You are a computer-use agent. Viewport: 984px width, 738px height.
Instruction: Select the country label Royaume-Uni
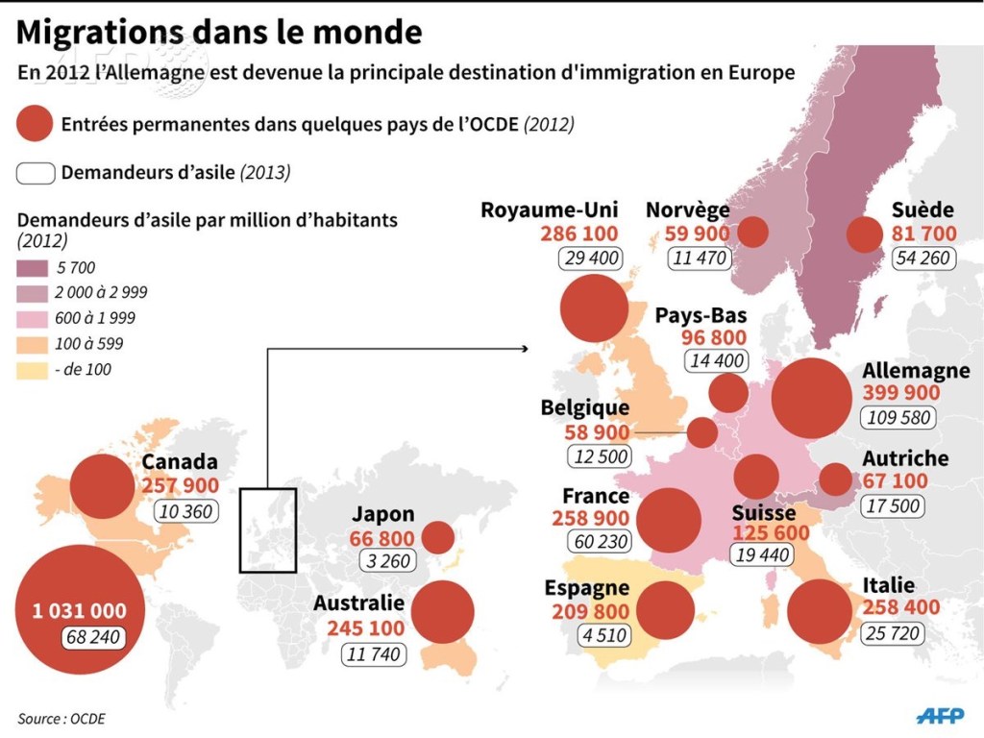tap(550, 210)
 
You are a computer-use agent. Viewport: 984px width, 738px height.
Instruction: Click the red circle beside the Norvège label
tap(751, 232)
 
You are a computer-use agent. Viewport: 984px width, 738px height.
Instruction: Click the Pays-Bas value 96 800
tap(714, 338)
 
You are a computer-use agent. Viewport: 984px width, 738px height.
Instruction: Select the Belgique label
tap(584, 408)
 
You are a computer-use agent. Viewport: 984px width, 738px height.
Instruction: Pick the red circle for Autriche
tap(836, 479)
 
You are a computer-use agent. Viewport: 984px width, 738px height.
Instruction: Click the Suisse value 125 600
tap(771, 533)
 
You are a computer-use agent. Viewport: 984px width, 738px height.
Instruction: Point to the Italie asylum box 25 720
tap(893, 633)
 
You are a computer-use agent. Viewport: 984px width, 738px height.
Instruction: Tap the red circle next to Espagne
tap(665, 610)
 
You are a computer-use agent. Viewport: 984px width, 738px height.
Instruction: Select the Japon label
tap(382, 515)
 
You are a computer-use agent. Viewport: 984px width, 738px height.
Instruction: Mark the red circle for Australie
tap(442, 610)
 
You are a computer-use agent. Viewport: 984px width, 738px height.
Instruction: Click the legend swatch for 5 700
tap(33, 268)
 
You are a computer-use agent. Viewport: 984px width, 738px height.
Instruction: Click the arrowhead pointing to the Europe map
tap(529, 348)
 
